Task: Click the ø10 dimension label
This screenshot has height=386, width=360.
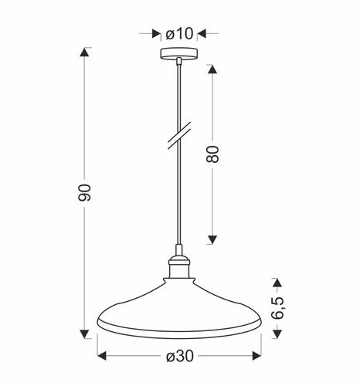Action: [x=179, y=33]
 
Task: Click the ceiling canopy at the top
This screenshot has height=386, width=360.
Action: [x=179, y=55]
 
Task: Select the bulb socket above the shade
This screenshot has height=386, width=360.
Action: [x=179, y=267]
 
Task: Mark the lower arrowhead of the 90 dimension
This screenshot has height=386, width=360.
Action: [x=86, y=334]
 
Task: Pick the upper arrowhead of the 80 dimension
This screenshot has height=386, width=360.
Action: [x=214, y=67]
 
